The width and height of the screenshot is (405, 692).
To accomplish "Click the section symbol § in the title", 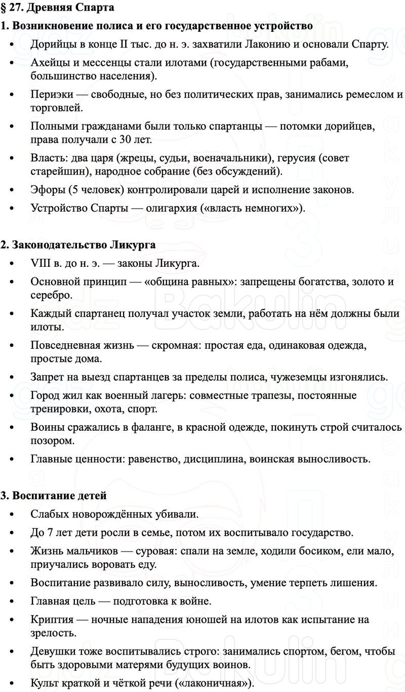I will tap(4, 8).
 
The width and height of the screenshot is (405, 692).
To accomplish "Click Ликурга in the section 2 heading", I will tap(133, 245).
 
